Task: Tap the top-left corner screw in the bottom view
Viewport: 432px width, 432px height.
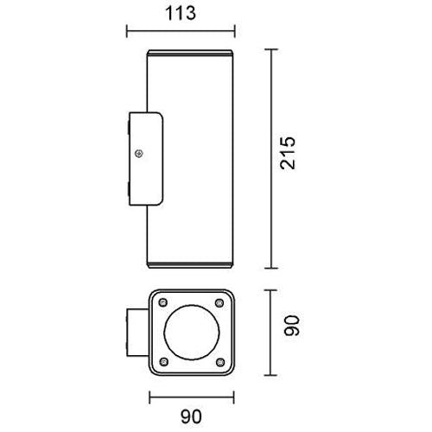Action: (x=162, y=302)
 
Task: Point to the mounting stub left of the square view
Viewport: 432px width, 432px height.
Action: (x=137, y=331)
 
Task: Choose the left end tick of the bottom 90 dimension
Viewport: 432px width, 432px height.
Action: (x=149, y=398)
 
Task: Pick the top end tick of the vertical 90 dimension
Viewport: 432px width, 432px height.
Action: (x=275, y=289)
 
